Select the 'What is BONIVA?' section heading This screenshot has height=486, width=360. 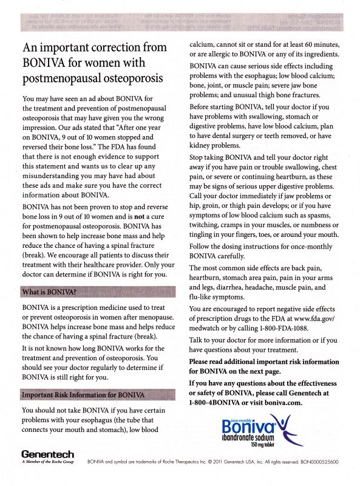click(x=49, y=292)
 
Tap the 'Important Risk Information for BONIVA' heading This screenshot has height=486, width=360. click(x=83, y=394)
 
